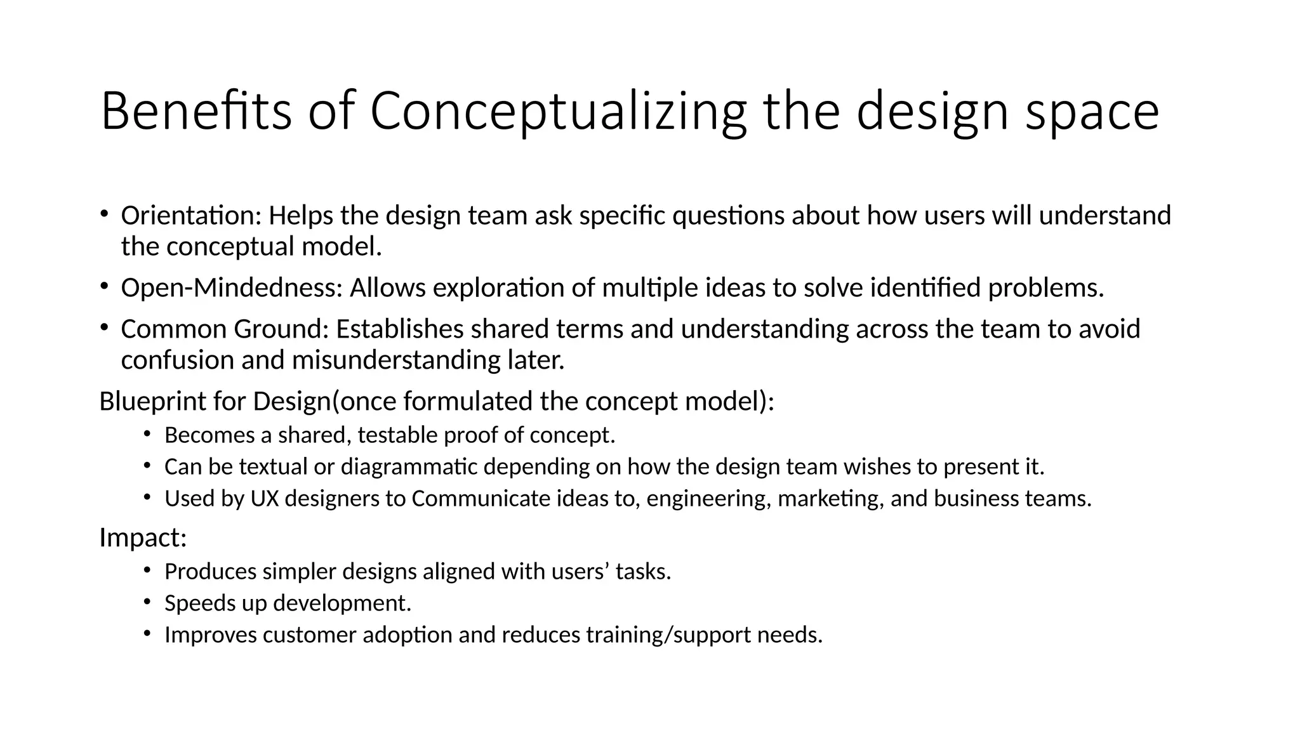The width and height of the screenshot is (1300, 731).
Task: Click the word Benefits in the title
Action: tap(196, 111)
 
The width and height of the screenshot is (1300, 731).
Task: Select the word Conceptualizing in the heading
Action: tap(558, 111)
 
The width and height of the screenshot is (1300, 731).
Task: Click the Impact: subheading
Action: tap(143, 538)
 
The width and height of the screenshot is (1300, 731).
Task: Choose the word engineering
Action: tap(708, 499)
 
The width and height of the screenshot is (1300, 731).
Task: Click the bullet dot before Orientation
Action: tap(103, 213)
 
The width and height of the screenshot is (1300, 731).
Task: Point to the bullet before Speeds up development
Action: tap(147, 600)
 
